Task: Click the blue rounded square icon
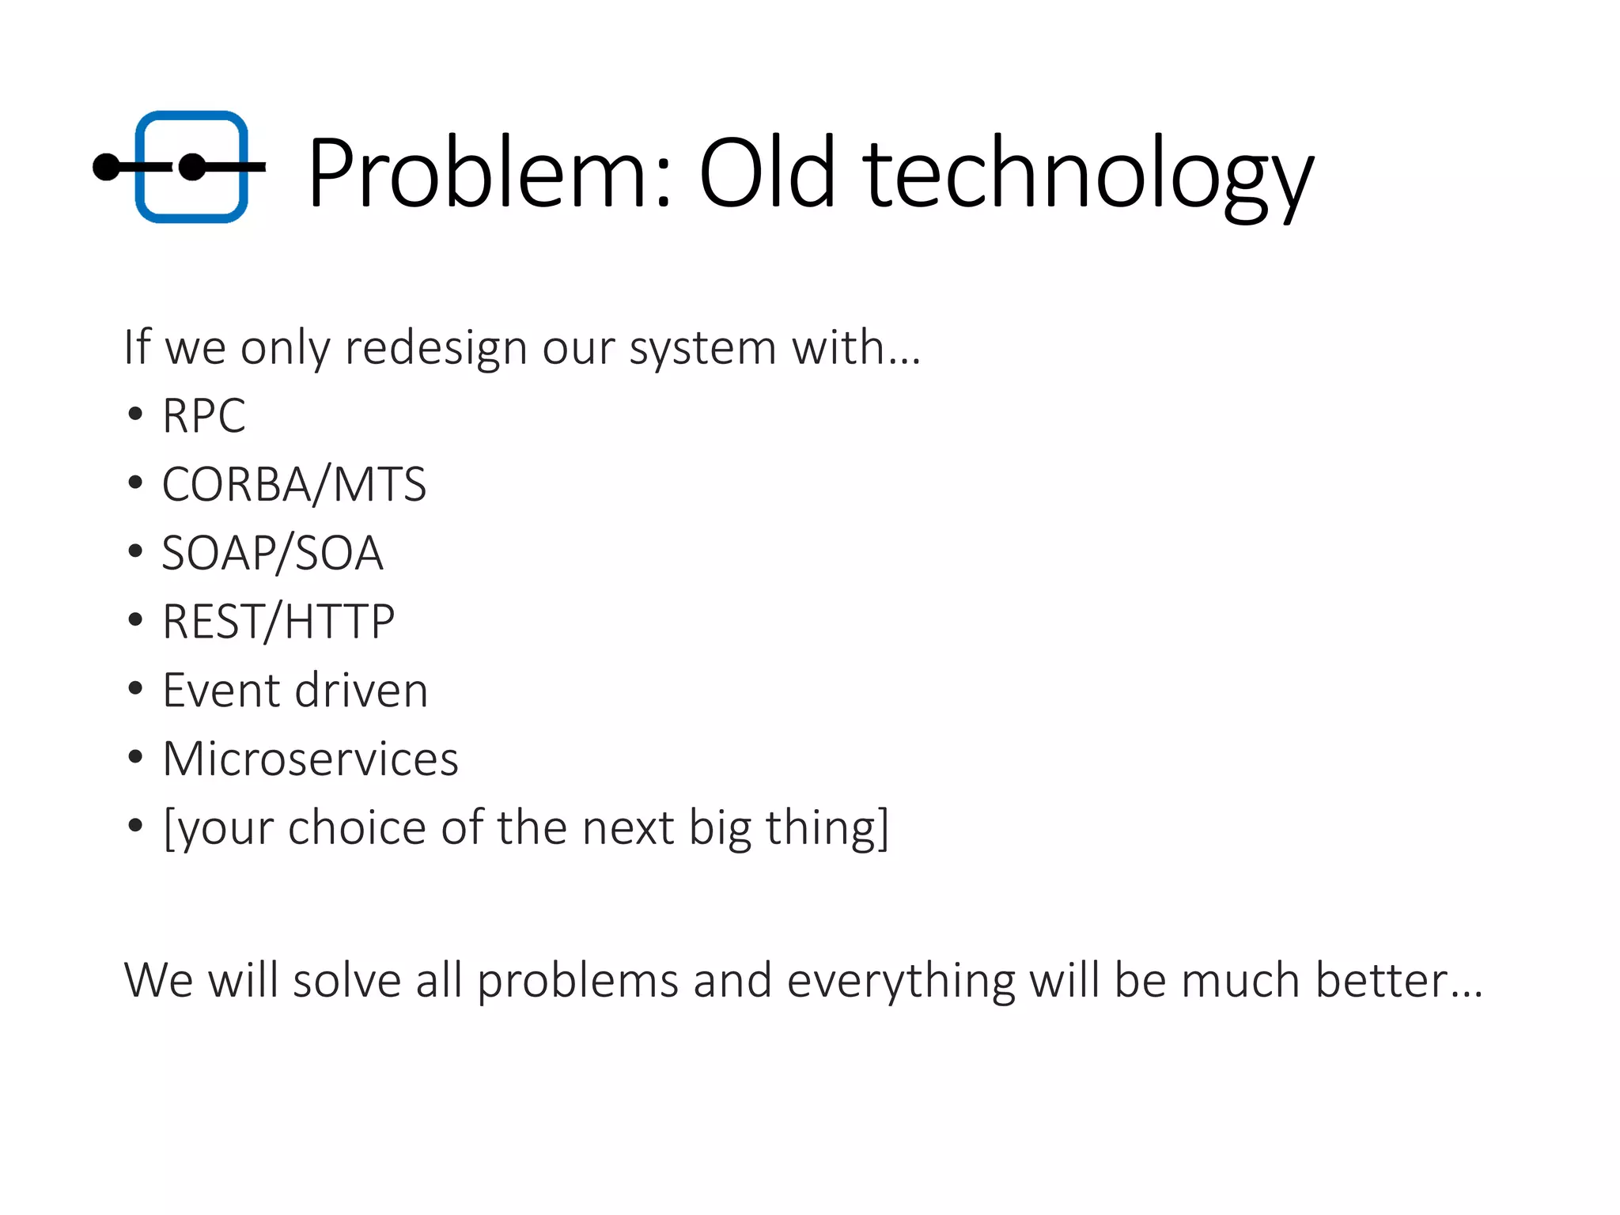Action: click(191, 167)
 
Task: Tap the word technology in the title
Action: click(1088, 176)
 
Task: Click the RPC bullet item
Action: click(204, 415)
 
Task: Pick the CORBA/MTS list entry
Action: click(293, 484)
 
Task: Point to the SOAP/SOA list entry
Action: click(272, 553)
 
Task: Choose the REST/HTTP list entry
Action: click(278, 622)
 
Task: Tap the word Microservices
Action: click(310, 759)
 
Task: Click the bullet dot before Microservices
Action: click(135, 758)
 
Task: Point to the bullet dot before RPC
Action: click(135, 414)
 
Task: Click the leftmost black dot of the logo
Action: click(106, 167)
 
